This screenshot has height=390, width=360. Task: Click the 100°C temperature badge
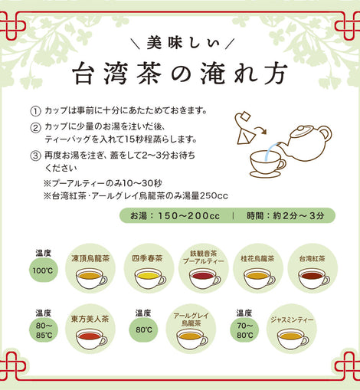[43, 270]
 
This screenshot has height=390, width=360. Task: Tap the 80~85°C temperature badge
[44, 330]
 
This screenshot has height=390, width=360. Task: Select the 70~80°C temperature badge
[244, 330]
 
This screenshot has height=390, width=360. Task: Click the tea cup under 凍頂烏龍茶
[91, 279]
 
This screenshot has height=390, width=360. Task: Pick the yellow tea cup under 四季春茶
[150, 279]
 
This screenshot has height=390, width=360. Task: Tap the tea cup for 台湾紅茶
[314, 279]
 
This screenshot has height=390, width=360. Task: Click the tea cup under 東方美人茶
[91, 339]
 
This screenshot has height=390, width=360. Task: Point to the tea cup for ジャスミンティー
[293, 339]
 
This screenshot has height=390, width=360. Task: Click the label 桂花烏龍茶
[257, 259]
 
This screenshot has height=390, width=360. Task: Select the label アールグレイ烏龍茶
[191, 320]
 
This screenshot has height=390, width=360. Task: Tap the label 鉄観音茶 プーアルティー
[203, 257]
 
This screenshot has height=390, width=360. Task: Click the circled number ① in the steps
[35, 111]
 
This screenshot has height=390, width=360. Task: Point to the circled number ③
[35, 156]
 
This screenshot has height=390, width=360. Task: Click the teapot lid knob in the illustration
[302, 128]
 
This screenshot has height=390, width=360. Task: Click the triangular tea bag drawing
[246, 137]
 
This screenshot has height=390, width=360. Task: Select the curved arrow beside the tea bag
[261, 129]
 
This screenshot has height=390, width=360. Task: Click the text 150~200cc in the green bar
[188, 216]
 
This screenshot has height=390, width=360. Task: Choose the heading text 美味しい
[183, 43]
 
